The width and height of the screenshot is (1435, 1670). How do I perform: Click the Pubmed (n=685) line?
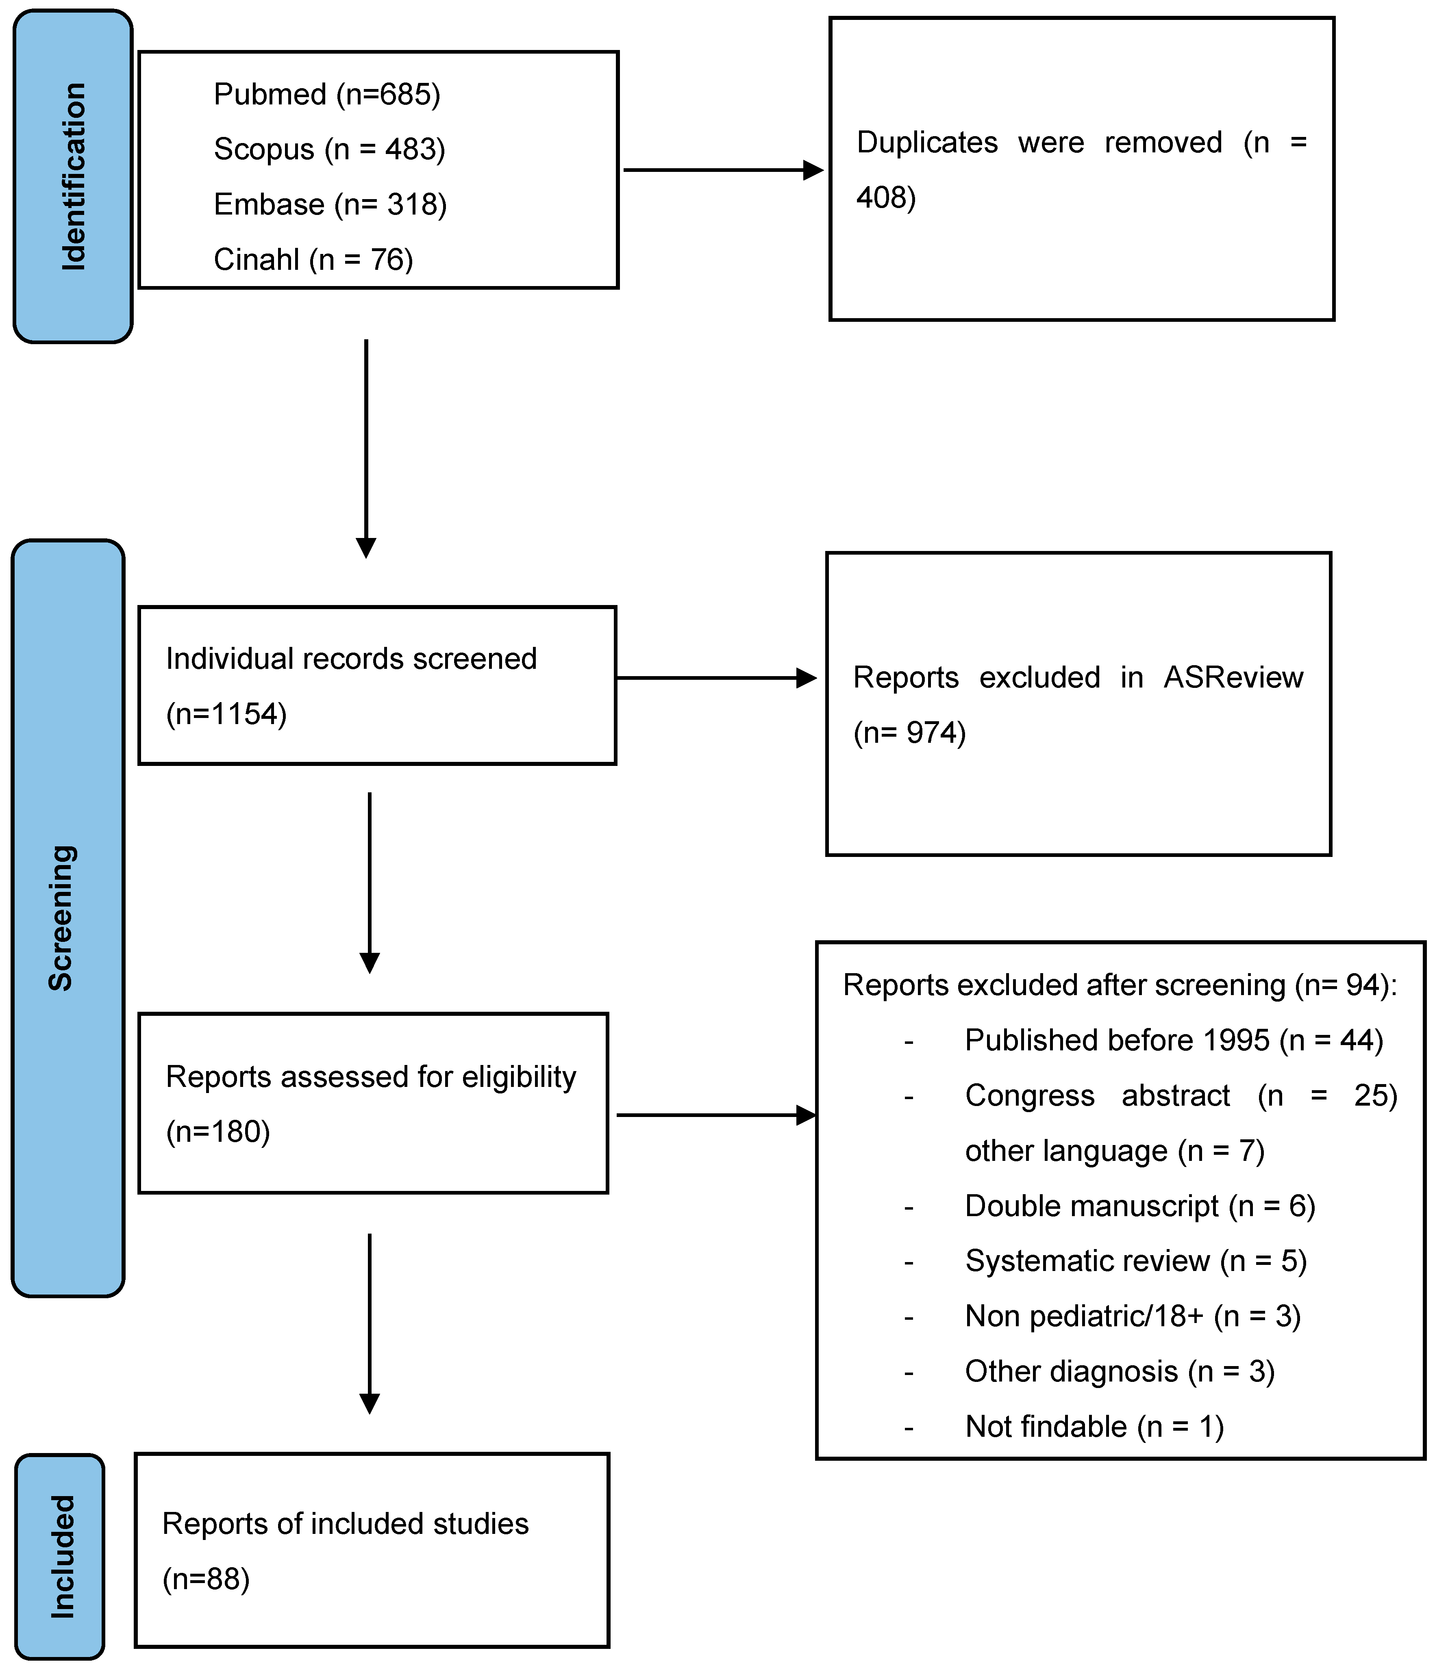[326, 94]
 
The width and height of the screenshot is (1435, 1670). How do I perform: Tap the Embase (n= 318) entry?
[330, 205]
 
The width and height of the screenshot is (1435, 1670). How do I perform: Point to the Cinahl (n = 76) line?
[313, 260]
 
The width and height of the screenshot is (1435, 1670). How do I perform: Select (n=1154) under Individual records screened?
[226, 714]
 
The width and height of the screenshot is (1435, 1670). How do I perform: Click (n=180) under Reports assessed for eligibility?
[217, 1132]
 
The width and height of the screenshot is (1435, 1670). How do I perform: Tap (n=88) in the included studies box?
[207, 1579]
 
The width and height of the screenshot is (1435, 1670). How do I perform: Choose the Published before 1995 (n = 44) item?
[1173, 1041]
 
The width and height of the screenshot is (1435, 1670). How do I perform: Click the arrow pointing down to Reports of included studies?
[369, 1322]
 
